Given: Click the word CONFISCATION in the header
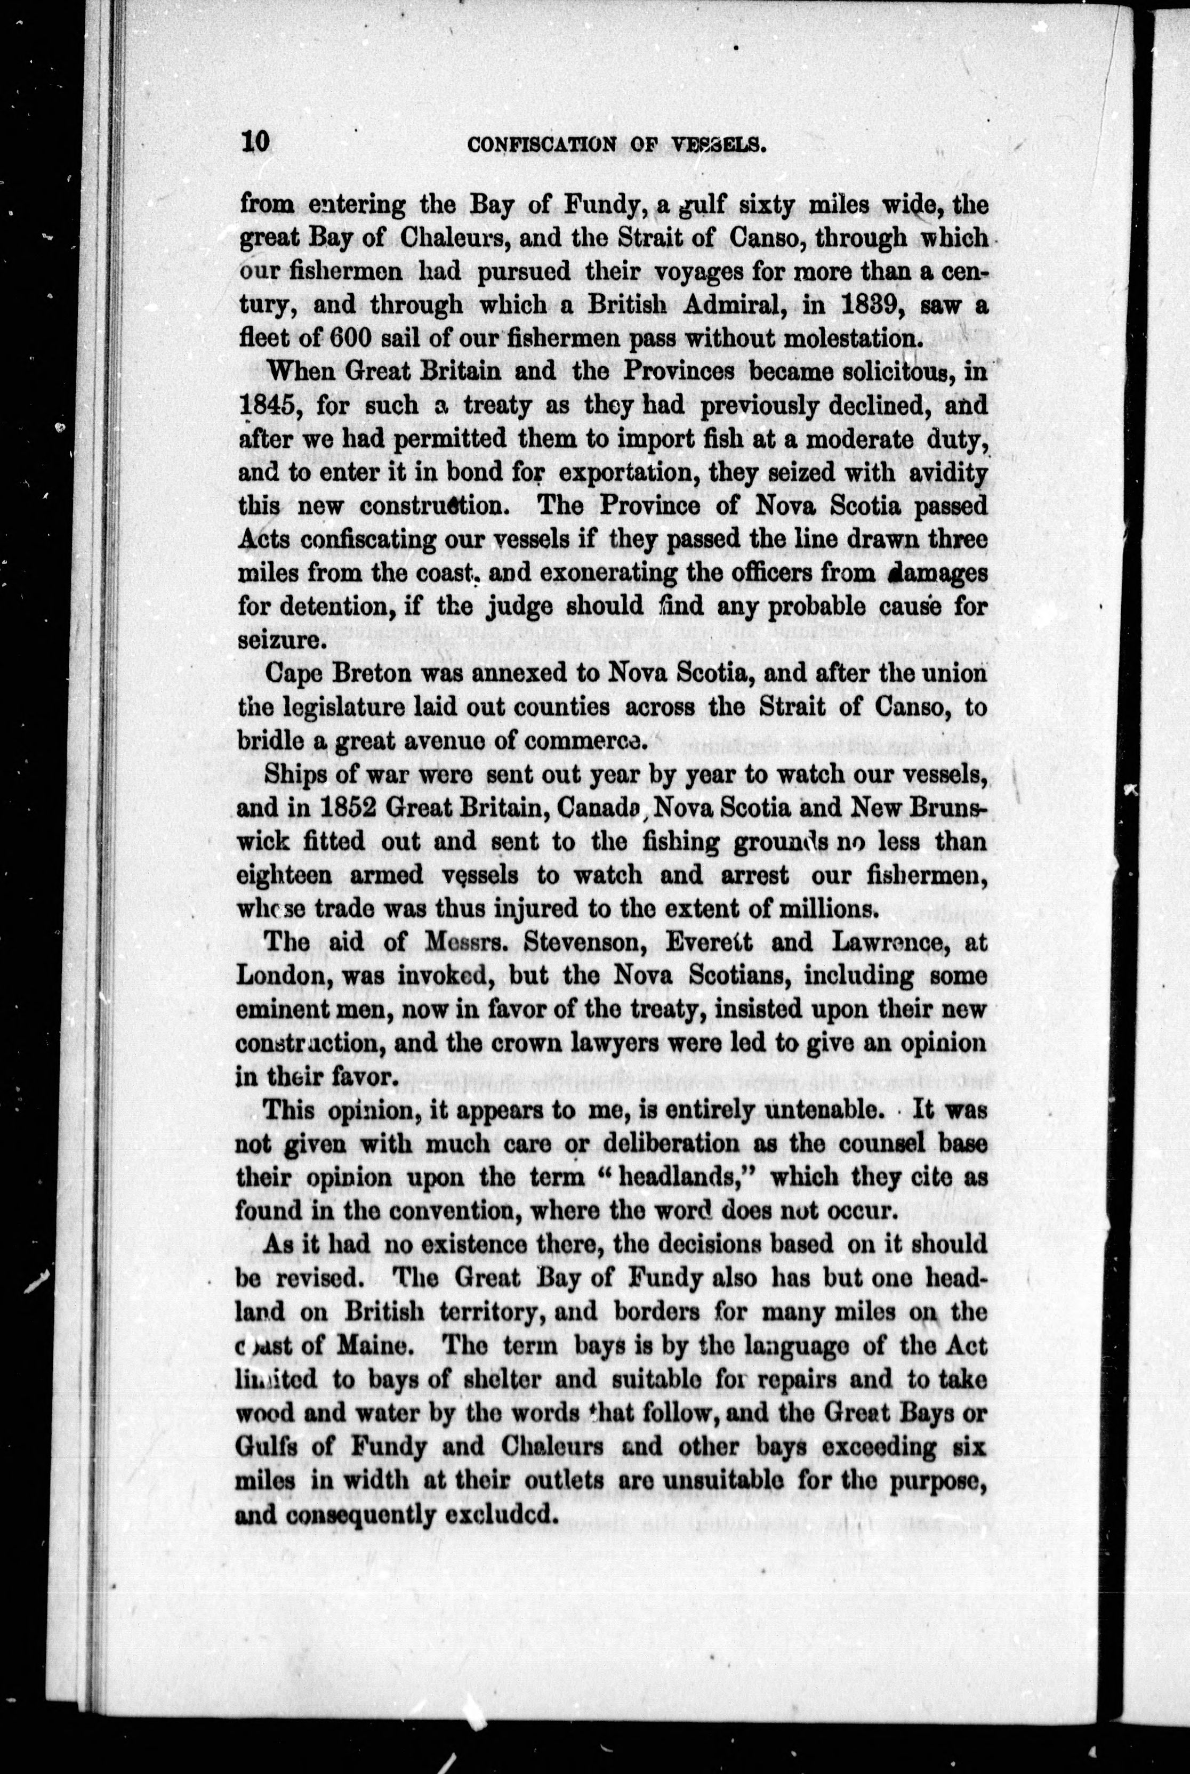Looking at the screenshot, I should point(540,144).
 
